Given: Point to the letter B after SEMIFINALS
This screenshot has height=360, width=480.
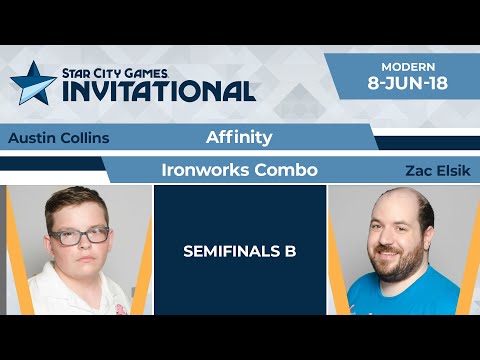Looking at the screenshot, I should [x=290, y=251].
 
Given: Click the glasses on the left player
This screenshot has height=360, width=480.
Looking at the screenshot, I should [x=79, y=236].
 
